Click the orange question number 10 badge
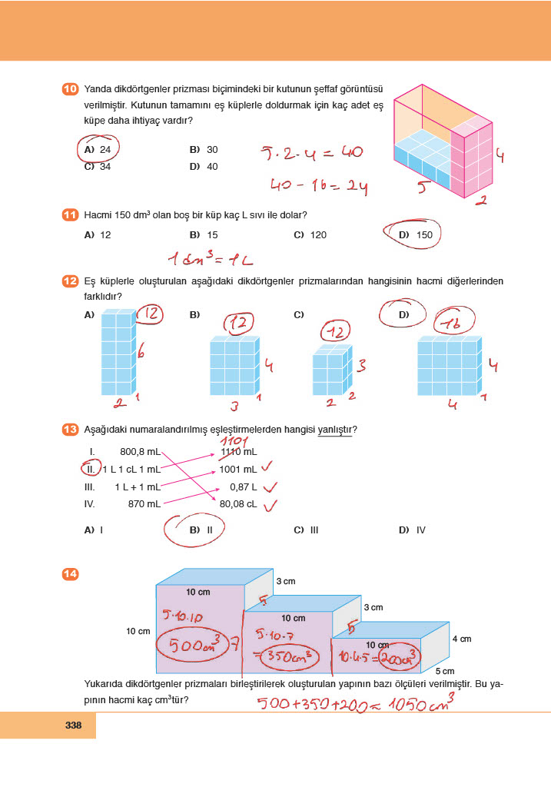coord(69,90)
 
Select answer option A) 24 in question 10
coord(98,149)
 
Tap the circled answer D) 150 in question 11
coord(416,235)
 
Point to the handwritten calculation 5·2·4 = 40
coord(311,152)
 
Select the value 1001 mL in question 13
coord(237,469)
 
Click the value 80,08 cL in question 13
coord(237,504)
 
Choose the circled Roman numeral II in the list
coord(91,469)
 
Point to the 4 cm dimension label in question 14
coord(461,638)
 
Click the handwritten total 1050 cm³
coord(419,701)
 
